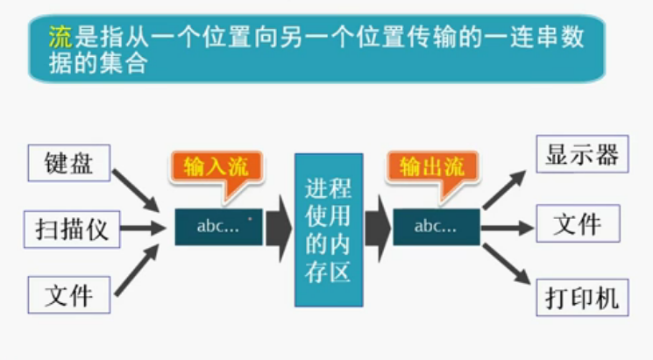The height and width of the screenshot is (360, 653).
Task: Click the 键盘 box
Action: (68, 163)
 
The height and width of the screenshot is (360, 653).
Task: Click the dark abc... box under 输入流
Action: (218, 227)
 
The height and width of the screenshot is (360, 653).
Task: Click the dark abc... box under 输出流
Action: (436, 227)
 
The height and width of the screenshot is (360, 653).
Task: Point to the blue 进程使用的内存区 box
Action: (329, 229)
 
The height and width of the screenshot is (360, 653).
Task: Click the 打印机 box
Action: (578, 297)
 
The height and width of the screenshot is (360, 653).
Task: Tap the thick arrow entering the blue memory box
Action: (278, 228)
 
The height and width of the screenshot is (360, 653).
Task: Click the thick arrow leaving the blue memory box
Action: (378, 228)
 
